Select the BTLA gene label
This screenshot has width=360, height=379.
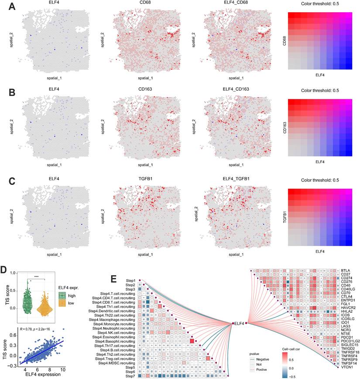347,270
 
